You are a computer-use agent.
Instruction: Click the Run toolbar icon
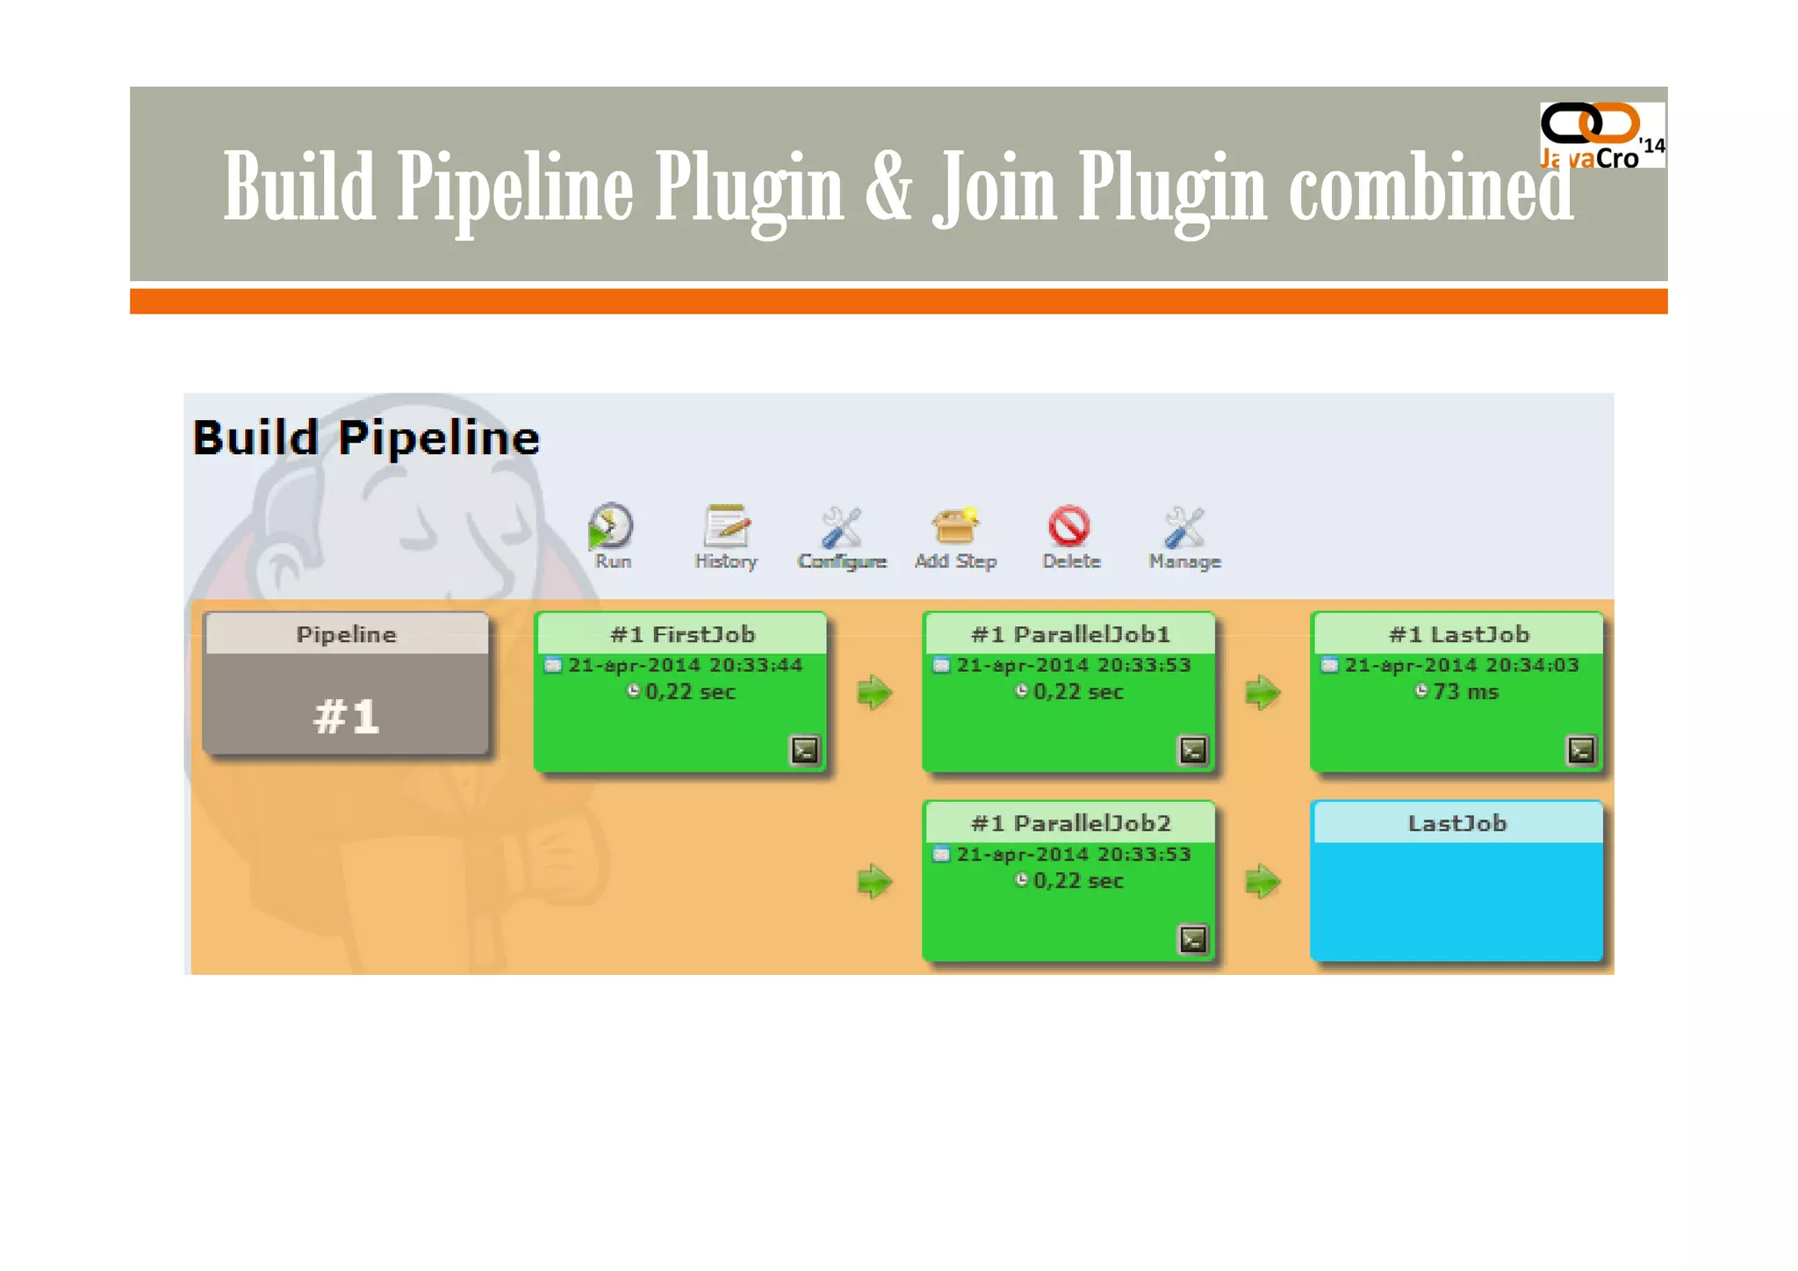pyautogui.click(x=610, y=527)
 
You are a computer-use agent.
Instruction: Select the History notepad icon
pyautogui.click(x=726, y=527)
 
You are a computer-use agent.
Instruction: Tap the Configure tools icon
pyautogui.click(x=841, y=527)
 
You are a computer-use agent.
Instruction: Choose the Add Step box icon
pyautogui.click(x=955, y=527)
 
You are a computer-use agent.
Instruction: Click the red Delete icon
pyautogui.click(x=1069, y=527)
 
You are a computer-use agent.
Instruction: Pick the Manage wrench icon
pyautogui.click(x=1183, y=527)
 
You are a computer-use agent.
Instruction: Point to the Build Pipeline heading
pyautogui.click(x=365, y=437)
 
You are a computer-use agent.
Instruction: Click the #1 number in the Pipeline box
pyautogui.click(x=346, y=716)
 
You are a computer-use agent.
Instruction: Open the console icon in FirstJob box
pyautogui.click(x=805, y=750)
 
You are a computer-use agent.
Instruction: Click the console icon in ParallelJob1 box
pyautogui.click(x=1193, y=750)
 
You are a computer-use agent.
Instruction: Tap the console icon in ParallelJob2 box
pyautogui.click(x=1193, y=939)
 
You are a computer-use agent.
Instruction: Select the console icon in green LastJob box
pyautogui.click(x=1581, y=750)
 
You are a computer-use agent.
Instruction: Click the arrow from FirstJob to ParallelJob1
pyautogui.click(x=874, y=692)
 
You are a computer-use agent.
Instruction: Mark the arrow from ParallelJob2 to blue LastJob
pyautogui.click(x=1262, y=881)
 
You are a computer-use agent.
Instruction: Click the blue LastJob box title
pyautogui.click(x=1457, y=823)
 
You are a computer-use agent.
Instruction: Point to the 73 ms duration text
pyautogui.click(x=1465, y=692)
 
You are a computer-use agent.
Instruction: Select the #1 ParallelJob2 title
pyautogui.click(x=1070, y=823)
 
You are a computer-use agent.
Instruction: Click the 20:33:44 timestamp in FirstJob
pyautogui.click(x=755, y=665)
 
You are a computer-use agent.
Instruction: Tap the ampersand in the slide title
pyautogui.click(x=888, y=186)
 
